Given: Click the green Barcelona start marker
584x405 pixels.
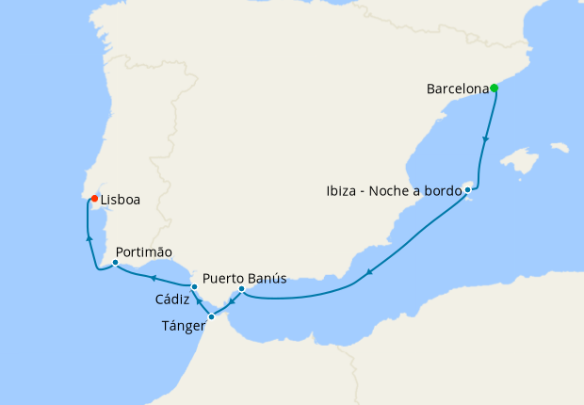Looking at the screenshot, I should click(x=494, y=89).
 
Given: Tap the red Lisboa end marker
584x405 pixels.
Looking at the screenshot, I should click(x=94, y=199).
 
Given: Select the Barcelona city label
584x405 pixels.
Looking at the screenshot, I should click(x=458, y=90).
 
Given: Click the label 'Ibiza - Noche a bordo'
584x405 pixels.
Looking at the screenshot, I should click(x=395, y=191).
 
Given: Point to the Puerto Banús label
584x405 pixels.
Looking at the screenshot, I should click(x=244, y=278).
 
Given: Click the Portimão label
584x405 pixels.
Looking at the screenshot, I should click(x=144, y=252).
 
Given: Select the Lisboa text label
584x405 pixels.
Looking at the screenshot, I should click(x=120, y=201).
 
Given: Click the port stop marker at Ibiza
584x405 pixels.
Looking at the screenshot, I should click(x=467, y=190).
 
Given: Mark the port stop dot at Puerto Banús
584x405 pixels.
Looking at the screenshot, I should click(x=242, y=289).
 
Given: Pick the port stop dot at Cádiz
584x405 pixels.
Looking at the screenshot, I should click(x=194, y=285).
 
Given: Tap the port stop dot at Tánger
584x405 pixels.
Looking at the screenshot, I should click(x=211, y=316).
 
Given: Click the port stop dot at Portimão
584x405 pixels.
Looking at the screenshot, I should click(x=115, y=264).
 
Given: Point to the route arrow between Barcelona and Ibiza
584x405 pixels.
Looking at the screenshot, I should click(x=486, y=138).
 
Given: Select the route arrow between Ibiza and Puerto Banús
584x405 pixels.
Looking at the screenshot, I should click(x=370, y=272).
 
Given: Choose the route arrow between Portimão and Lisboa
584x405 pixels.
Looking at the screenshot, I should click(x=89, y=238).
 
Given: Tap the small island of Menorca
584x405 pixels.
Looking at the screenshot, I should click(x=560, y=148).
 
